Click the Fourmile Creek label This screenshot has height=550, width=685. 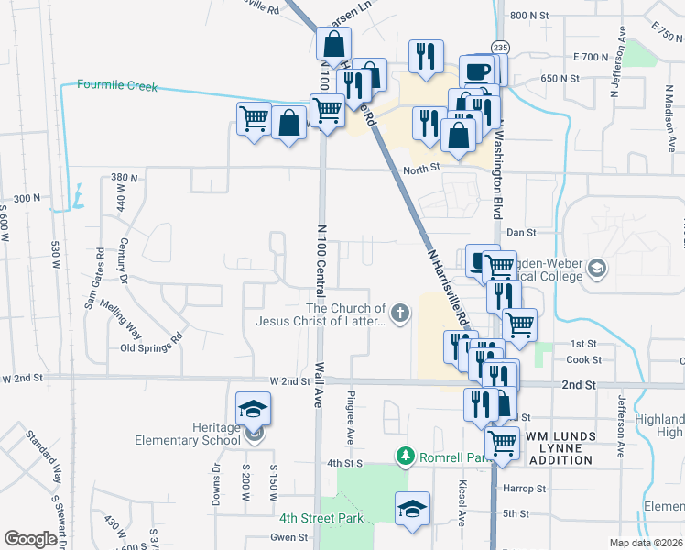coord(117,87)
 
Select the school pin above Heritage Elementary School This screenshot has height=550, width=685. coord(254,409)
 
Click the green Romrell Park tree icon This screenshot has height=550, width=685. coord(404,456)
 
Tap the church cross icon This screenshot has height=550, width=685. coord(398,314)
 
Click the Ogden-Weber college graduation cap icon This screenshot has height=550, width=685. coord(597,268)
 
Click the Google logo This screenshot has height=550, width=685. coord(30,539)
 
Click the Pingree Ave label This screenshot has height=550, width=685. coord(350,415)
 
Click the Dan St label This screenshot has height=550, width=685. coord(520,233)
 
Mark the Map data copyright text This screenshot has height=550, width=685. coord(647,543)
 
